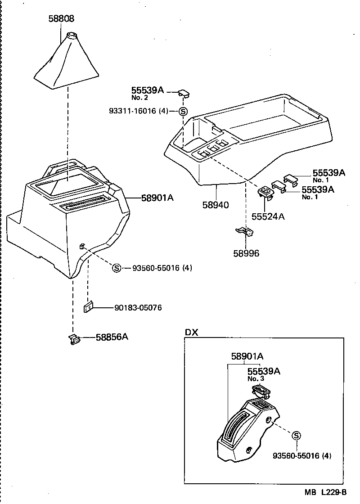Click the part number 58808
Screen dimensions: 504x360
(62, 19)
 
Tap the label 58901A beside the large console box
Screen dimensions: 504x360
(157, 198)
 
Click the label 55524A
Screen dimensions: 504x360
(268, 216)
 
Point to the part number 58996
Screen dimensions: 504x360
(246, 253)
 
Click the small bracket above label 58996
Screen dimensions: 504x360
(245, 231)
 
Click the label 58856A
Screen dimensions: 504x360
(112, 337)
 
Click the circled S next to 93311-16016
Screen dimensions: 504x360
(183, 111)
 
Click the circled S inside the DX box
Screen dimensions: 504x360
(296, 435)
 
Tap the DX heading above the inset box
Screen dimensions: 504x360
(192, 332)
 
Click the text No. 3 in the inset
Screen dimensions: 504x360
(256, 379)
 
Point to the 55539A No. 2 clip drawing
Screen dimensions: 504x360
(183, 93)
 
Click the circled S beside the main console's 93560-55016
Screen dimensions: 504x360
(117, 268)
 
